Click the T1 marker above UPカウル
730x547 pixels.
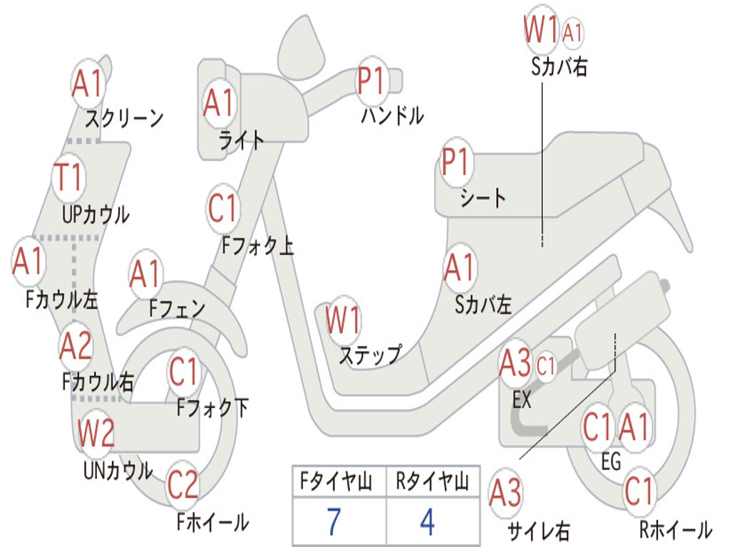69,177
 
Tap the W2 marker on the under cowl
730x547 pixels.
96,432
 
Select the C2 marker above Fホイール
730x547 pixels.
182,485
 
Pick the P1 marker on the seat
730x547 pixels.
456,162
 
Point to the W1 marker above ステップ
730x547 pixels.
344,320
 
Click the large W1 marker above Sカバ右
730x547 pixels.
541,28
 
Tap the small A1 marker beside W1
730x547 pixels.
572,33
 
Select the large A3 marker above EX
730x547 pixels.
515,363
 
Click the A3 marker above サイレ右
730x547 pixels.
505,493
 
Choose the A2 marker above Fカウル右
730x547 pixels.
76,347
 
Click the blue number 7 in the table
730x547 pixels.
334,521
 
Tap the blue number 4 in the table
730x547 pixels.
428,521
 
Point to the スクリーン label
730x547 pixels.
124,119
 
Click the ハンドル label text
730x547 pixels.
393,115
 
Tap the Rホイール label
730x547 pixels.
676,529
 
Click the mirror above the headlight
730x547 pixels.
301,48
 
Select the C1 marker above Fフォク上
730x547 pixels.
223,209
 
